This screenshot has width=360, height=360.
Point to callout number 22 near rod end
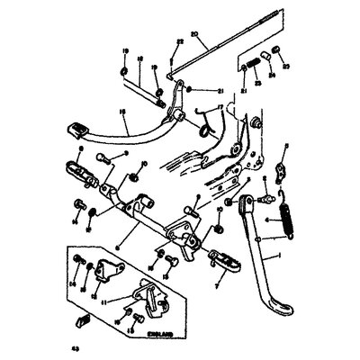click(x=180, y=43)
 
